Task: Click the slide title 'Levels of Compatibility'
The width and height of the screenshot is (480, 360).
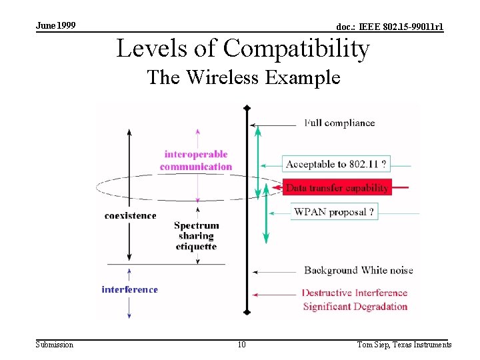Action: point(243,49)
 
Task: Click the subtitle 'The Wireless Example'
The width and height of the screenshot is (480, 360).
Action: point(243,77)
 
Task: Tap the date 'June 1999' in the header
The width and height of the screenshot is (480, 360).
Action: point(55,25)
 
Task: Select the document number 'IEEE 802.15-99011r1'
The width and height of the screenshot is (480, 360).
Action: point(389,27)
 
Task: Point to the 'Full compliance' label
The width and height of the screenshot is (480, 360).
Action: point(339,123)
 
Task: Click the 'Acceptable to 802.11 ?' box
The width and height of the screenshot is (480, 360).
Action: point(336,164)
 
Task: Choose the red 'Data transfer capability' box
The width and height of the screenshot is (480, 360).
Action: point(337,188)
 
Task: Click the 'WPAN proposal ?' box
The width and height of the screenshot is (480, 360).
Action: point(334,213)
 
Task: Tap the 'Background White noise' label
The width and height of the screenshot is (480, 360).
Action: point(358,270)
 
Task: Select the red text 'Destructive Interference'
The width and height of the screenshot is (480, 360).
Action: point(354,293)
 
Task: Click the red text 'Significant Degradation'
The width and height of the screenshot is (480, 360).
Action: point(355,307)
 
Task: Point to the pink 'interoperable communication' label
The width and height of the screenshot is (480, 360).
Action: point(196,161)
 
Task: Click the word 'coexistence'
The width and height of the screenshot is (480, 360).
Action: point(131,215)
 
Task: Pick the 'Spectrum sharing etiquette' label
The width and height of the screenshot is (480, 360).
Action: point(196,236)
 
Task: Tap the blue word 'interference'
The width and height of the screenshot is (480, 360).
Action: point(129,289)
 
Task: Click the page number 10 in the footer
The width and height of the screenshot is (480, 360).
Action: point(241,345)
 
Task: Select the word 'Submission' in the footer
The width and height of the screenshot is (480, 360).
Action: point(55,345)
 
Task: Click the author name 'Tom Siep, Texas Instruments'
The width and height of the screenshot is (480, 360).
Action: point(404,345)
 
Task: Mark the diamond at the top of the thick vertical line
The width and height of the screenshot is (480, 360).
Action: point(247,107)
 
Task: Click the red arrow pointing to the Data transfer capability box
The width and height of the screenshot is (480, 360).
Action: point(400,188)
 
